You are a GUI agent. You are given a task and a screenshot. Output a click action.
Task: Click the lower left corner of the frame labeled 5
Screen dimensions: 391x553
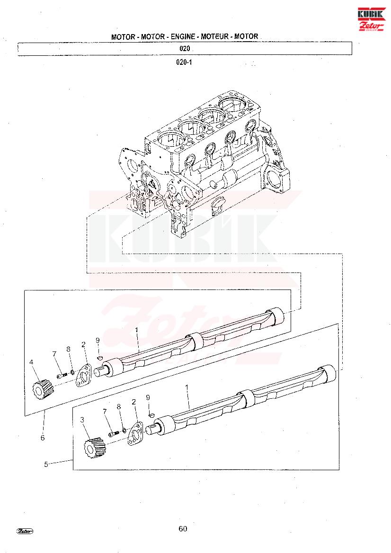[73, 470]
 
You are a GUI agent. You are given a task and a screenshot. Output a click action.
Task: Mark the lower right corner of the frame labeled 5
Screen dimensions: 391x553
[339, 470]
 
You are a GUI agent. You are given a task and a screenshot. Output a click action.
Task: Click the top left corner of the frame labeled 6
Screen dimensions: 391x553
[24, 290]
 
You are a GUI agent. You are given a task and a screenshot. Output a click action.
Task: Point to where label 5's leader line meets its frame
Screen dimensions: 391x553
[73, 459]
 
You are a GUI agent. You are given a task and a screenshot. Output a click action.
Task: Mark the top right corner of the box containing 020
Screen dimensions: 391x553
[352, 42]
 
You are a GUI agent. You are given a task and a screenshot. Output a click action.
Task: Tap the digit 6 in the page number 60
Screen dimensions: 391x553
[181, 529]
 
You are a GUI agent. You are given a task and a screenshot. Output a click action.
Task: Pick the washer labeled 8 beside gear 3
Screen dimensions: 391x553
[124, 430]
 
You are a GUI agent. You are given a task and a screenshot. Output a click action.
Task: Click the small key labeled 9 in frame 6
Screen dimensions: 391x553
[99, 358]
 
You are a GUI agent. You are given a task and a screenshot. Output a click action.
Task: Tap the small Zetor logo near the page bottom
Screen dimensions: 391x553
[24, 531]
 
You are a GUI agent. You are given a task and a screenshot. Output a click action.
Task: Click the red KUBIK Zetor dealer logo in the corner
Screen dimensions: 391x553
[371, 19]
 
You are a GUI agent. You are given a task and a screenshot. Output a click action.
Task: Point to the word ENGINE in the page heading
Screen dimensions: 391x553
[183, 36]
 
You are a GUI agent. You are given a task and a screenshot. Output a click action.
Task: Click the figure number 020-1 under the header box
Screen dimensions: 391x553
[184, 62]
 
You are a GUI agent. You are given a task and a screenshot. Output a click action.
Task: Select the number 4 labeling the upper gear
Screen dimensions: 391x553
[31, 362]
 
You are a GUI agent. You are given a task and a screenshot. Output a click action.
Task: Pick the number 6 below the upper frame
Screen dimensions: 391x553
[43, 438]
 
